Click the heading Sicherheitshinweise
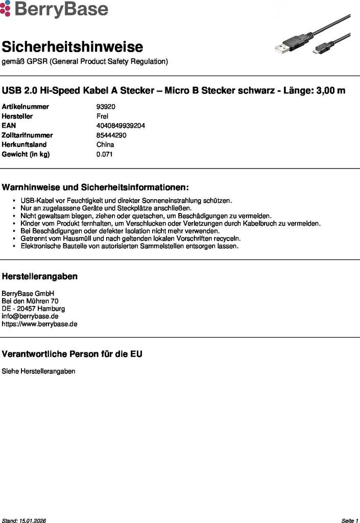[72, 47]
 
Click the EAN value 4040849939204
[121, 126]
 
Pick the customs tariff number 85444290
[111, 135]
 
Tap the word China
[105, 145]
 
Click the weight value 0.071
[104, 154]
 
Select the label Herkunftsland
[24, 145]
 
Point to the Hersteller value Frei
[102, 116]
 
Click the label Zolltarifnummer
[27, 135]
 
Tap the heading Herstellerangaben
[40, 276]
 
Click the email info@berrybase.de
[30, 316]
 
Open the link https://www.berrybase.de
[40, 324]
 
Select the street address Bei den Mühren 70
[30, 301]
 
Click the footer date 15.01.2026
[33, 520]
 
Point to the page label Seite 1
[350, 520]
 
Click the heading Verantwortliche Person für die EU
[72, 354]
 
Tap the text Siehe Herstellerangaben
[38, 371]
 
